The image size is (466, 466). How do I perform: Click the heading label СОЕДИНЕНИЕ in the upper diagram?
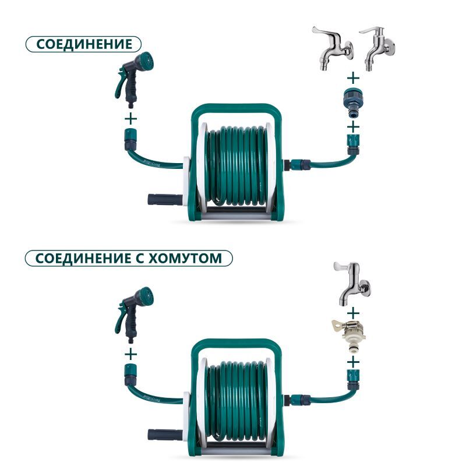[x=83, y=45]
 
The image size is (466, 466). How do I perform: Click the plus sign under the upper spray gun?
[x=131, y=118]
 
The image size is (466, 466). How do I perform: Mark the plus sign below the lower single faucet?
[x=352, y=310]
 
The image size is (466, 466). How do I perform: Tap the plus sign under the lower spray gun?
[x=131, y=353]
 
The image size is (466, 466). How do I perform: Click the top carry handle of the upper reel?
[x=235, y=110]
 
